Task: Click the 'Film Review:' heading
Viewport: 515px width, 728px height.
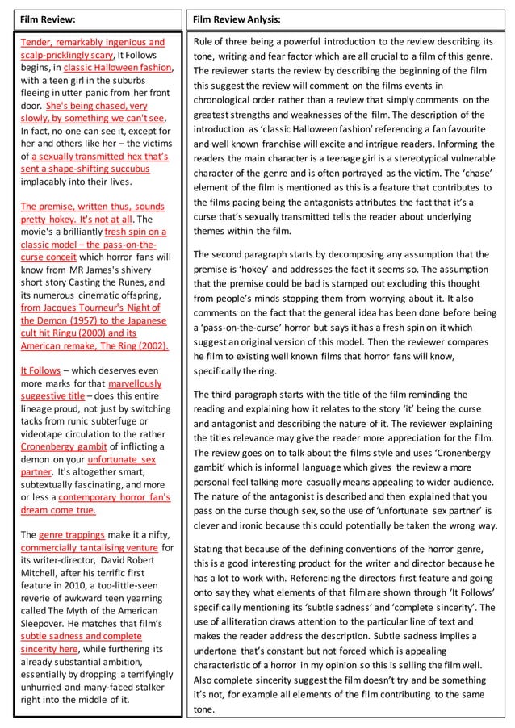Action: [x=48, y=19]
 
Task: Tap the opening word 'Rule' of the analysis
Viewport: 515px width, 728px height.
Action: [x=204, y=41]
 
